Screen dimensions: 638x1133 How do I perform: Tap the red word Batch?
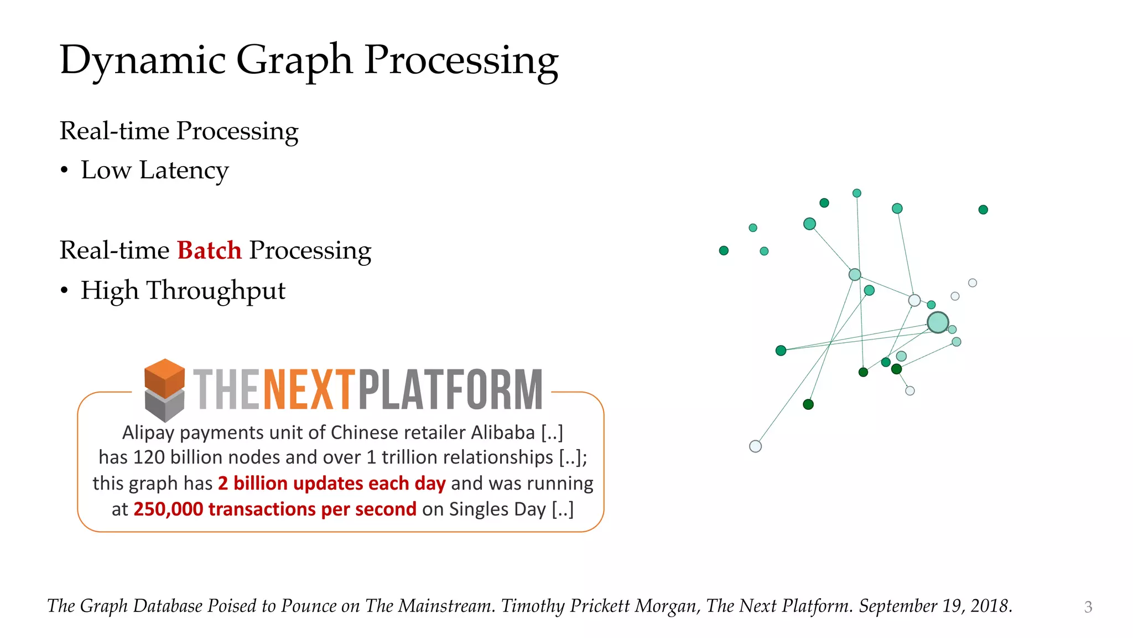[x=209, y=250]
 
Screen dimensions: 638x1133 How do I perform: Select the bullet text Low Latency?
[x=154, y=170]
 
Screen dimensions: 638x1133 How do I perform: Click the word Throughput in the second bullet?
[x=216, y=290]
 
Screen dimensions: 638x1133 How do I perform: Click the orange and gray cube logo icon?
[x=164, y=389]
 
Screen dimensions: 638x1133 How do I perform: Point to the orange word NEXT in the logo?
[x=308, y=390]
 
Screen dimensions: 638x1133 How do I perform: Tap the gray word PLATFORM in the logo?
[x=450, y=390]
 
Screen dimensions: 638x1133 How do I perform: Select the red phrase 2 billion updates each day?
[x=331, y=483]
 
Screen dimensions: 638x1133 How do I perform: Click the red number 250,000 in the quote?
[x=168, y=509]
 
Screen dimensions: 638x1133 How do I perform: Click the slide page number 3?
[x=1088, y=607]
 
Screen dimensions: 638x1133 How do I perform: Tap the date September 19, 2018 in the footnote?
[x=935, y=606]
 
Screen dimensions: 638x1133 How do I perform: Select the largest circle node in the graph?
[x=938, y=322]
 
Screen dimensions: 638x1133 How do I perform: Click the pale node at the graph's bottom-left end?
[x=755, y=446]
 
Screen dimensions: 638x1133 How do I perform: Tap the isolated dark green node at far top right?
[x=983, y=209]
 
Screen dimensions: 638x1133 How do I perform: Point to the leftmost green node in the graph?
[x=724, y=250]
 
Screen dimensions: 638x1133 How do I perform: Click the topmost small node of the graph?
[x=857, y=193]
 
